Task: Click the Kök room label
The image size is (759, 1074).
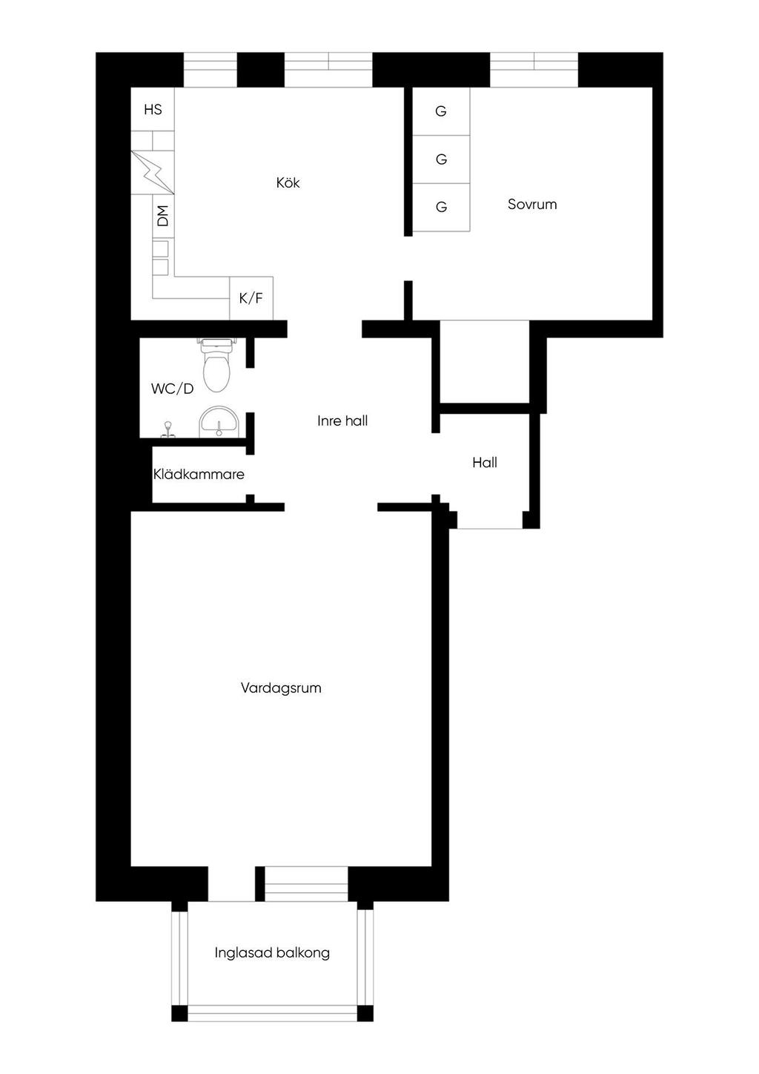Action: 288,182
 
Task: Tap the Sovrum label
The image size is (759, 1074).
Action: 532,204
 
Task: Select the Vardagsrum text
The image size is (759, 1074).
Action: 281,688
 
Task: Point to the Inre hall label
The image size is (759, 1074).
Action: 342,421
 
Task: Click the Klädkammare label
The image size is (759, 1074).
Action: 199,475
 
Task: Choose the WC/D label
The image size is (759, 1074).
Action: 173,389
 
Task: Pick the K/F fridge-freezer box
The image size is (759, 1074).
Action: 251,298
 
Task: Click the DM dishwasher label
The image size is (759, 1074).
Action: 163,216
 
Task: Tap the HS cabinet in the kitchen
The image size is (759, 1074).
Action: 153,109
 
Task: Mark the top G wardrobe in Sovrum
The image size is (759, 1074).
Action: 441,111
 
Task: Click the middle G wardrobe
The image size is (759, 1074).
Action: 441,159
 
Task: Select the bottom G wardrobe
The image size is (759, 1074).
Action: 441,207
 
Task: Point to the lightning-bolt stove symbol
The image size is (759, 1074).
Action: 153,173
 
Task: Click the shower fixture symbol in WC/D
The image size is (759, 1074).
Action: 168,429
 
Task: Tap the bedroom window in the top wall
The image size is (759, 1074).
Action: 534,70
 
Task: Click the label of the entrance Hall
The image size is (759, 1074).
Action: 485,463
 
